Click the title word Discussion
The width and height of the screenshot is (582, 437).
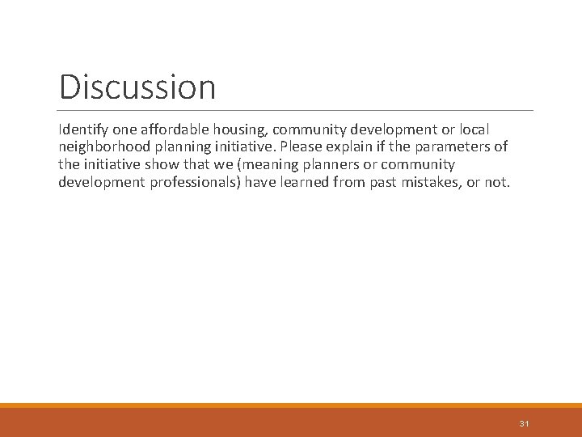pos(137,87)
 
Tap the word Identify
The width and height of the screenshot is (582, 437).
pos(83,129)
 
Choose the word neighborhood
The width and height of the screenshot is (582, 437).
pos(108,147)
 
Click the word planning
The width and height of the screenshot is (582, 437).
pos(189,147)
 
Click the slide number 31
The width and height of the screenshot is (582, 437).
pos(524,423)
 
